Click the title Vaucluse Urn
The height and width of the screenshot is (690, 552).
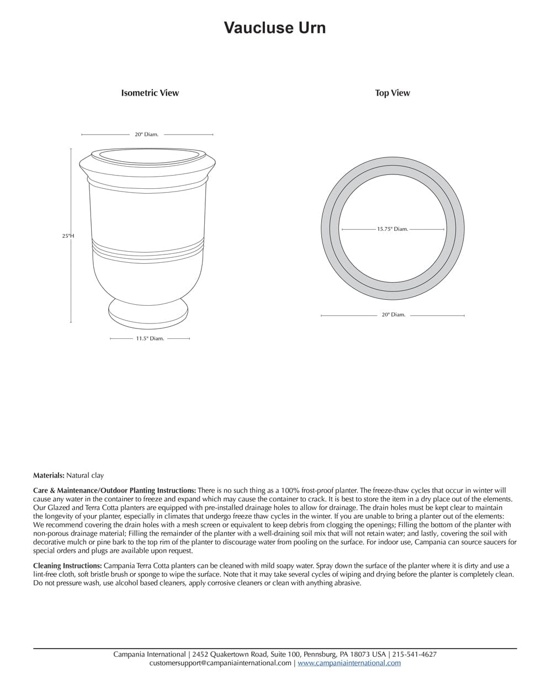[x=274, y=28]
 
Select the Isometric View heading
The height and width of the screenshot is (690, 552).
[x=150, y=93]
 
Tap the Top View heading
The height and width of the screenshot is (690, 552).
[x=392, y=93]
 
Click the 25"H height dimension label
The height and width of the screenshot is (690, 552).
[x=67, y=236]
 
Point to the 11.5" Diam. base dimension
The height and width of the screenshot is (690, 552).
[x=150, y=338]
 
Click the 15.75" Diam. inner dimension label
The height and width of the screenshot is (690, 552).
[x=392, y=229]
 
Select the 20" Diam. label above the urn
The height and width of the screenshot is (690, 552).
[x=146, y=134]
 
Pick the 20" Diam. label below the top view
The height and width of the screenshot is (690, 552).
[x=393, y=315]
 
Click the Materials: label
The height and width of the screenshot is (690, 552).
[x=49, y=475]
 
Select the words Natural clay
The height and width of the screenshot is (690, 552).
[x=85, y=475]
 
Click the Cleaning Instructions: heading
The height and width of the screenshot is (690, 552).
[x=67, y=566]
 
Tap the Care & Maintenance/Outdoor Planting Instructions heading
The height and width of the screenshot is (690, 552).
[x=114, y=490]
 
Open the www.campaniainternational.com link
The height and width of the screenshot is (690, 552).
[x=349, y=663]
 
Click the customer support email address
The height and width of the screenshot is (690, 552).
[x=220, y=663]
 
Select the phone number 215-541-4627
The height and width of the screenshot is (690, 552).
[x=414, y=654]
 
